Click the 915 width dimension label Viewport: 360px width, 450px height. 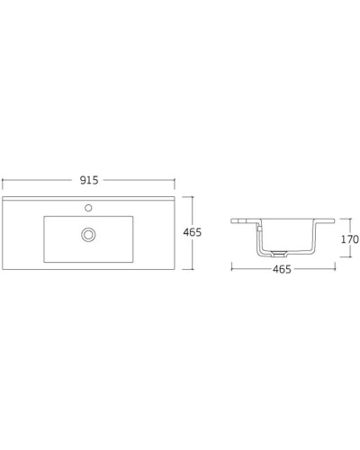coord(87,180)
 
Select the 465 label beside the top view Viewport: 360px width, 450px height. coord(192,232)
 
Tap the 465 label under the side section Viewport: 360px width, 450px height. coord(281,270)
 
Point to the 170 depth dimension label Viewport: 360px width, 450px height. coord(349,239)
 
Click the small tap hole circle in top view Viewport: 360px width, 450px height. coord(87,207)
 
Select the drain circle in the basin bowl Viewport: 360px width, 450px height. coord(87,234)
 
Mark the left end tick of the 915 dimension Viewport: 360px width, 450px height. coord(4,180)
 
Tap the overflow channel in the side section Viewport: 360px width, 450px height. coord(259,238)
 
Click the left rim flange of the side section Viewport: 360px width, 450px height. coord(241,220)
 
